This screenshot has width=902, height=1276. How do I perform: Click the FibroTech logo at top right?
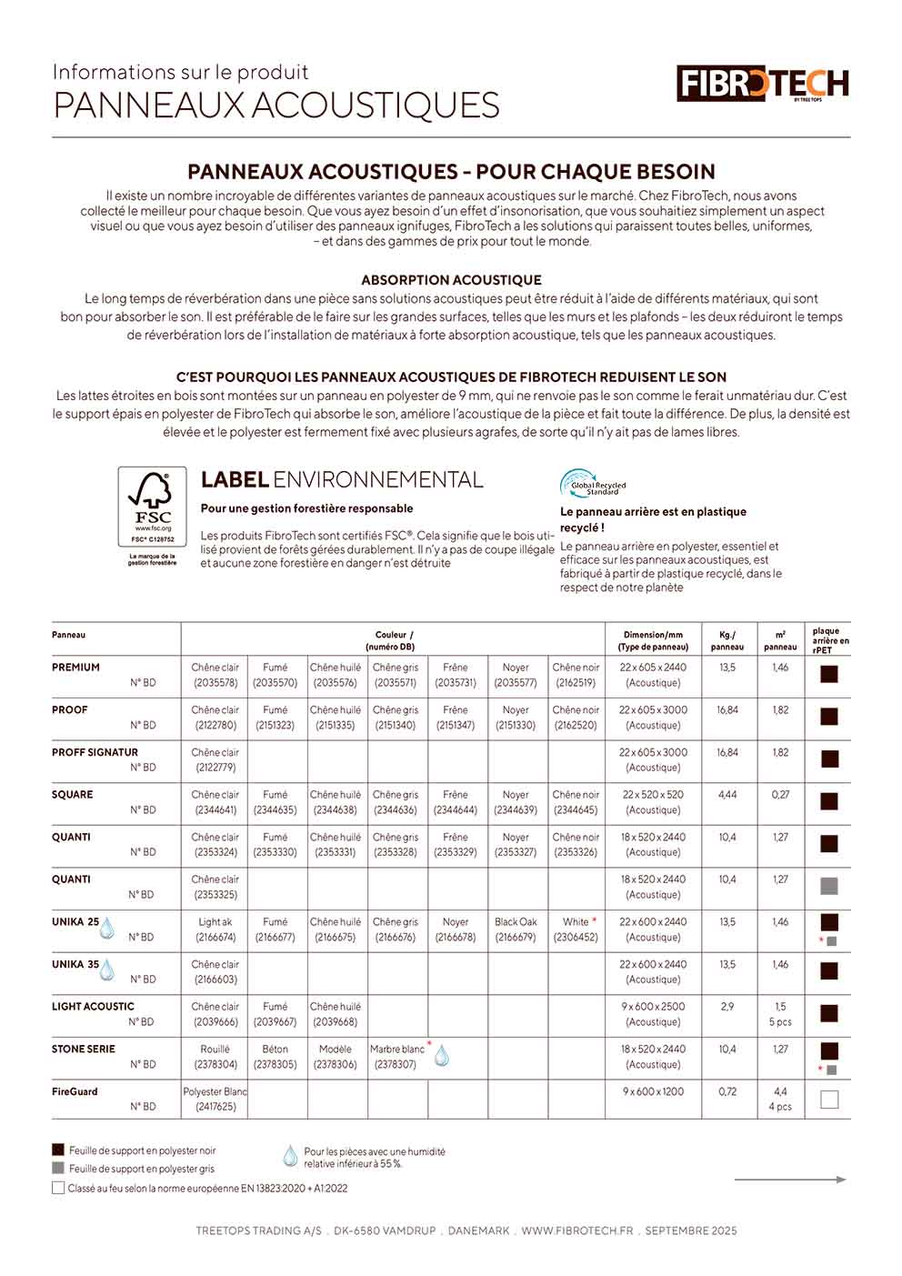click(762, 84)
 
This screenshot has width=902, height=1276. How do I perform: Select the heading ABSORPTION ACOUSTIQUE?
click(451, 280)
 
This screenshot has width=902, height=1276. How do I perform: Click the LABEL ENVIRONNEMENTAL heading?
click(342, 480)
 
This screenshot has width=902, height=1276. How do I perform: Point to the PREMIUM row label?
click(76, 668)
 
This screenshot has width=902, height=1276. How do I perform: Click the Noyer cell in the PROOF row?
click(516, 718)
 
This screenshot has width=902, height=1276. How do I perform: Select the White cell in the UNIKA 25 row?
click(576, 929)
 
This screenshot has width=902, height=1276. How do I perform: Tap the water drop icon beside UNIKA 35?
click(107, 970)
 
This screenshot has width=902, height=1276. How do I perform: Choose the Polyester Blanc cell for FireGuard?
click(215, 1099)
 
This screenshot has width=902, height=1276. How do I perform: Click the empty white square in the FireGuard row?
click(829, 1100)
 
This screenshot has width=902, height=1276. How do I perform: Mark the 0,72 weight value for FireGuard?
click(727, 1091)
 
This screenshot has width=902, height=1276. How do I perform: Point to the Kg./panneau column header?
click(727, 641)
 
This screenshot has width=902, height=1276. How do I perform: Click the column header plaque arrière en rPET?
click(829, 640)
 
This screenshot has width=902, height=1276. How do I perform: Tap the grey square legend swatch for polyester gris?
click(58, 1169)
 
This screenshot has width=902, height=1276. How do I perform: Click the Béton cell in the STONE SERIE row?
click(275, 1057)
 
